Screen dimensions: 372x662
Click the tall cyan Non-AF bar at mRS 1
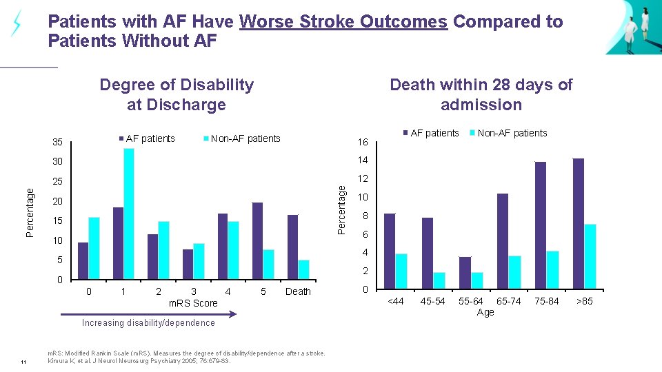coord(129,214)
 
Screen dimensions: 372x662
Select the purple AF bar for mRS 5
coord(257,241)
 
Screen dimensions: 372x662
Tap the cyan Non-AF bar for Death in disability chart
coord(303,270)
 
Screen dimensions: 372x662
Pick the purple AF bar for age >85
coord(579,223)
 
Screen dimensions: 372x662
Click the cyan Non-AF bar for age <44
coord(401,271)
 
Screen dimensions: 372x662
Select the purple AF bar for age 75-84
coord(541,225)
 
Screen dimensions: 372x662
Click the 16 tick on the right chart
coord(363,143)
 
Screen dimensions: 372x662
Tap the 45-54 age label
coord(433,301)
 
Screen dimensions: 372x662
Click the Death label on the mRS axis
coord(298,291)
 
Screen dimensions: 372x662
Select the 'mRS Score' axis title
coord(193,303)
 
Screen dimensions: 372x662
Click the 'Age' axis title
coord(485,312)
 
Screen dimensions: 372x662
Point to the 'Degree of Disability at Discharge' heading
coord(177,94)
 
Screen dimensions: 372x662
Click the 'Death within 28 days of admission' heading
coord(481,94)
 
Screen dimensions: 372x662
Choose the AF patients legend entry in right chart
coord(431,133)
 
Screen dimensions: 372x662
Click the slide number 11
coord(23,363)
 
